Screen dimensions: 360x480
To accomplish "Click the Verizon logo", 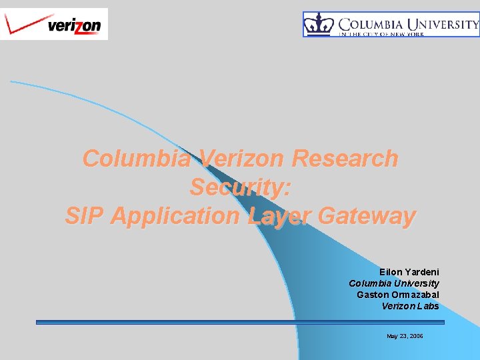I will tap(53, 24).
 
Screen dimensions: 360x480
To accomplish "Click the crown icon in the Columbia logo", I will tap(319, 25).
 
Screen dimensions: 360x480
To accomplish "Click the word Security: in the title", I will tap(240, 187).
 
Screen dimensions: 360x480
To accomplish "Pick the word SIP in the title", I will tap(85, 216).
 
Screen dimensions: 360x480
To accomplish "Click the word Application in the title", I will tap(175, 216).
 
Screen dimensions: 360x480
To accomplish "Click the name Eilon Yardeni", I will tap(409, 273).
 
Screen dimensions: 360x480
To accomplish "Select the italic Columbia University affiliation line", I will tap(393, 284).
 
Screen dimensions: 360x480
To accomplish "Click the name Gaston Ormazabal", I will tap(397, 295).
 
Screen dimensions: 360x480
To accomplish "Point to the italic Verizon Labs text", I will tap(410, 306).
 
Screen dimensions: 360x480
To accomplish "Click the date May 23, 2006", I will tap(405, 336).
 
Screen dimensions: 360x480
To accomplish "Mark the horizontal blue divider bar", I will tap(240, 323).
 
